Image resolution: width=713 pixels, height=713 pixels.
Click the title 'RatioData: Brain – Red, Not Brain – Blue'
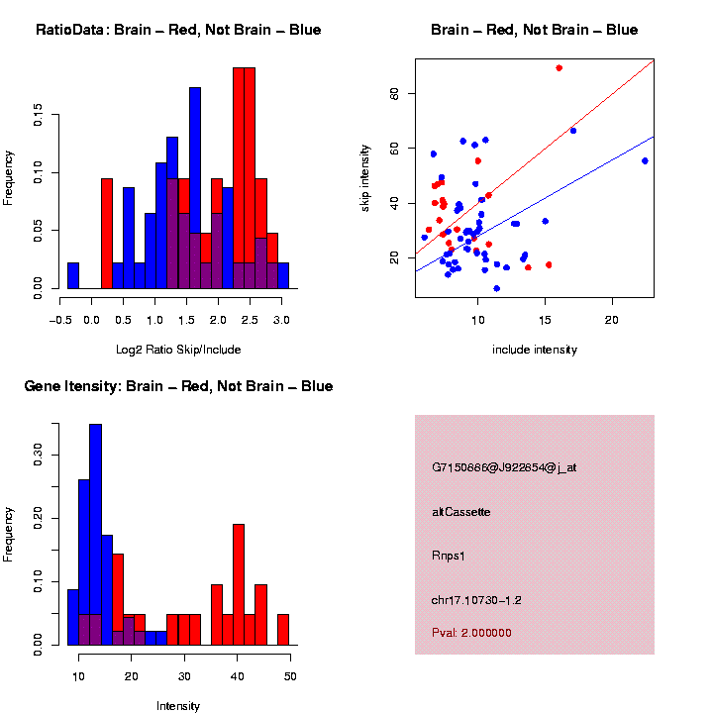pos(178,30)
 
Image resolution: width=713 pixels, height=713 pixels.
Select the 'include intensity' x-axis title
pos(535,350)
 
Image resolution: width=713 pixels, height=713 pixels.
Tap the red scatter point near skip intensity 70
pos(560,68)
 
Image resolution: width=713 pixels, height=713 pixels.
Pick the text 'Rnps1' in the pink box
pos(449,556)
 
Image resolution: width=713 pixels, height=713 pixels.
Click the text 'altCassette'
pos(461,512)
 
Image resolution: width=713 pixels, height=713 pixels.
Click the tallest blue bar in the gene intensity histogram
pos(95,535)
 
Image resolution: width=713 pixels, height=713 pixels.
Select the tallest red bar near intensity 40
pos(239,584)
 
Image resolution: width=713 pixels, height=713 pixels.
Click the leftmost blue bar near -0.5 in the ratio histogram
pos(73,275)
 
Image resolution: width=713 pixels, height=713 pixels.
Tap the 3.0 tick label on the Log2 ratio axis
pos(280,320)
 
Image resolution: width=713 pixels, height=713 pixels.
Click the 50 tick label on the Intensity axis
pos(290,676)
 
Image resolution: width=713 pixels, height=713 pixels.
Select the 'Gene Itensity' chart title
pos(178,386)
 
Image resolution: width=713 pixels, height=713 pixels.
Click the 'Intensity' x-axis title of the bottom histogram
pos(178,706)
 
